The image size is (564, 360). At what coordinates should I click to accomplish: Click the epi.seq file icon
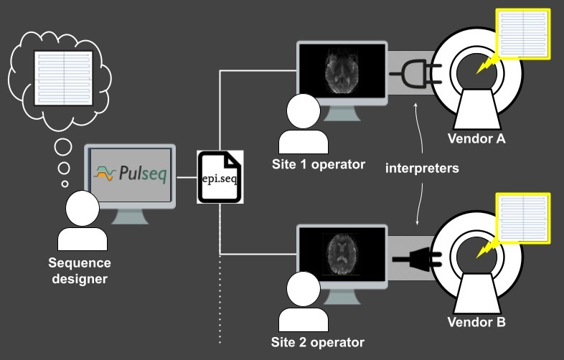click(221, 176)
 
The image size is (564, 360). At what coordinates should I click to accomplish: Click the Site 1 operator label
click(319, 164)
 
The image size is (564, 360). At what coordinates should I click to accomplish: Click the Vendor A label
click(476, 138)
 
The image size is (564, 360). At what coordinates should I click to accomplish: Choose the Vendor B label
click(476, 322)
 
